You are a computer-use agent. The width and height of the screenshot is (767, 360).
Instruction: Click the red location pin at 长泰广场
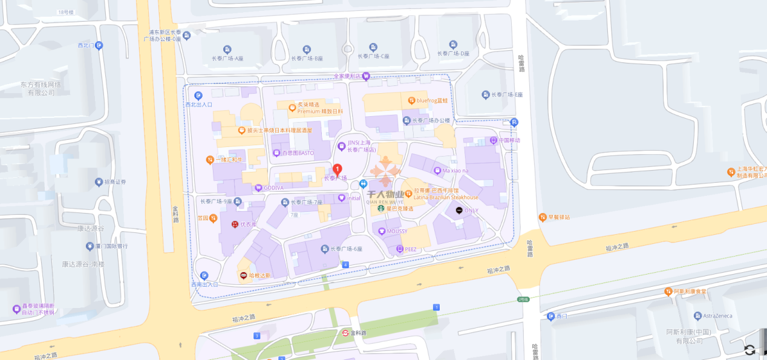click(x=338, y=169)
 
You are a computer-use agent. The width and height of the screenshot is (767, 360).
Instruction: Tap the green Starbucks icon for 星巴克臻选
click(x=382, y=209)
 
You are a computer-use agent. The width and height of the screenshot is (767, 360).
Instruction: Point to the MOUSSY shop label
click(x=397, y=231)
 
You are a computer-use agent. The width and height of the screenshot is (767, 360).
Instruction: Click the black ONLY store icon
click(x=459, y=211)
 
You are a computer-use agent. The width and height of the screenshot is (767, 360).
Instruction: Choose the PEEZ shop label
click(x=410, y=249)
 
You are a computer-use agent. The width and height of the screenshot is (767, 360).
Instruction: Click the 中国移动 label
click(x=505, y=140)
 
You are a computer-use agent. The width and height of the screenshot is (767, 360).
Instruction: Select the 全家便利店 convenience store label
click(x=347, y=76)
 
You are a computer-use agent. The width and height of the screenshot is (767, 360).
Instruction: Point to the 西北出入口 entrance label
click(x=198, y=104)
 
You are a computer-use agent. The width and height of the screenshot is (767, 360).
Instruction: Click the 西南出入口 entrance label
click(x=204, y=284)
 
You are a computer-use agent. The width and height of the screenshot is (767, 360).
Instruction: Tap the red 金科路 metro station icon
click(x=345, y=333)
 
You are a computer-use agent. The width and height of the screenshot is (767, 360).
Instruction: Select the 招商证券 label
click(x=114, y=182)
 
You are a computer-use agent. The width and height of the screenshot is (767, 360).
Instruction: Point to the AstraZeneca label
click(x=717, y=316)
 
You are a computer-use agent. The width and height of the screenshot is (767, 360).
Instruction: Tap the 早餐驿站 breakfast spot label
click(x=559, y=217)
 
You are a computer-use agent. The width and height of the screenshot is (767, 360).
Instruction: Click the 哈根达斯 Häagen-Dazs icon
click(x=244, y=275)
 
